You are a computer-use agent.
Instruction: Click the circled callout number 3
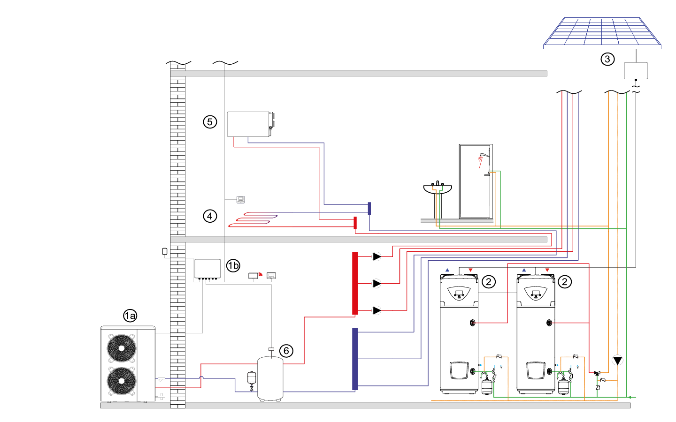click(x=607, y=59)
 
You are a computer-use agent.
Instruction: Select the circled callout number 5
click(x=210, y=122)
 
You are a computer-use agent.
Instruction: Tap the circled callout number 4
click(x=210, y=216)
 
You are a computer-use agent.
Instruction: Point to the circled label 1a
click(x=130, y=316)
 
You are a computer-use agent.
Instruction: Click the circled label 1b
click(x=233, y=266)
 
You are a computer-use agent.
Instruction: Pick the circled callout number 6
click(x=286, y=351)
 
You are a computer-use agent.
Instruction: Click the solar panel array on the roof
click(x=602, y=32)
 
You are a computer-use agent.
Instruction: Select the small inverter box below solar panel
click(x=636, y=71)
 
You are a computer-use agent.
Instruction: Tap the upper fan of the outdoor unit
click(x=122, y=348)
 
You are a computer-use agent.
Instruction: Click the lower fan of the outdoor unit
click(x=122, y=381)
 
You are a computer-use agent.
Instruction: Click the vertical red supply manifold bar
click(x=355, y=283)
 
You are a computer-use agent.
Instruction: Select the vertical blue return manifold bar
click(x=355, y=359)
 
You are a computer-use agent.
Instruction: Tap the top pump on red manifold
click(x=376, y=256)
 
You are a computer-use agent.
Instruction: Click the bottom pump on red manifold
click(x=376, y=310)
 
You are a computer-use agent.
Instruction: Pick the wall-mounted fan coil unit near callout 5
click(x=249, y=124)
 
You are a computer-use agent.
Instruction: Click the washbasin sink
click(x=437, y=189)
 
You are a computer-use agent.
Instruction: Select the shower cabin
click(x=475, y=181)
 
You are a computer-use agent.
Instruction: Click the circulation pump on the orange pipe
click(x=617, y=360)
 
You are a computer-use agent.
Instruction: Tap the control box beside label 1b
click(x=207, y=269)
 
